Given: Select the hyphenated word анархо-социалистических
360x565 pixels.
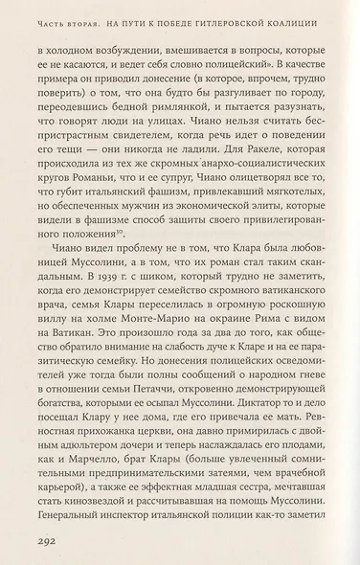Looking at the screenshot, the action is pyautogui.click(x=239, y=169).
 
